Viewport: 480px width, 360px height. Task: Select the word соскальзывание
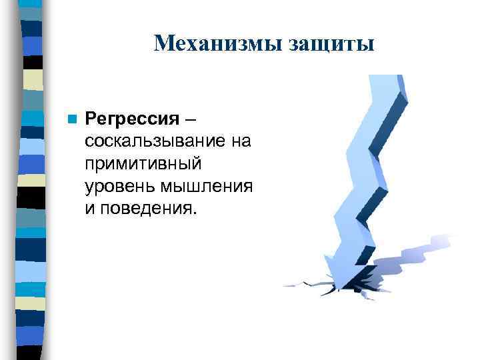(x=157, y=141)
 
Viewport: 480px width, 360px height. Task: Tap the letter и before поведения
(x=90, y=209)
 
